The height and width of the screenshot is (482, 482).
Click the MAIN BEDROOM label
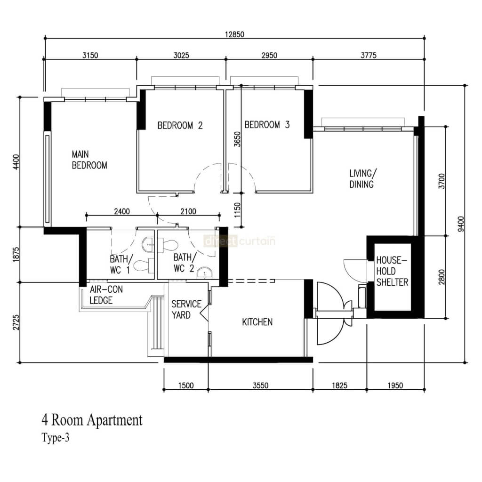[89, 160]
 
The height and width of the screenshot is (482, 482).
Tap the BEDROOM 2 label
[180, 125]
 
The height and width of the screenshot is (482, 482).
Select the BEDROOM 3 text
[267, 125]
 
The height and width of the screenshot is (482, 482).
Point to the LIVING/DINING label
[361, 179]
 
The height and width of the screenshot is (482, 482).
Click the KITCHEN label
[257, 322]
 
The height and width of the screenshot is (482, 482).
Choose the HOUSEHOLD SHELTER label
[392, 271]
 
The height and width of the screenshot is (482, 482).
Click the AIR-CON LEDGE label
[106, 295]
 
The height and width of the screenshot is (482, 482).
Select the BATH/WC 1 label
[121, 264]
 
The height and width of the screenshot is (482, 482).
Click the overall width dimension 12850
[234, 34]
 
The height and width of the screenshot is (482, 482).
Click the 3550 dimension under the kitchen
[260, 386]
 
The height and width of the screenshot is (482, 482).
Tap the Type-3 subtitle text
[56, 438]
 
